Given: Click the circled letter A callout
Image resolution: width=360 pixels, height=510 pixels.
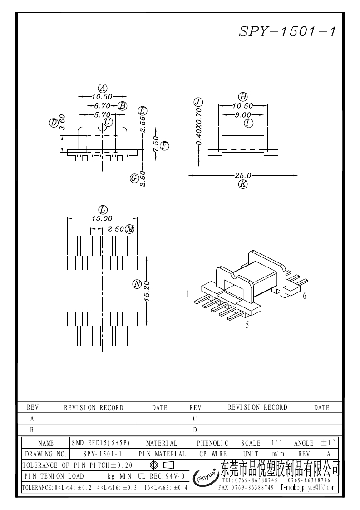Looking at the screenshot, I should tap(103, 89).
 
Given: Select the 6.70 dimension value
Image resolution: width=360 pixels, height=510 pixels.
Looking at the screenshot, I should tap(103, 106).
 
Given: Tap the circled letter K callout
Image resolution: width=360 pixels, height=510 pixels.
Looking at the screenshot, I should tap(243, 184).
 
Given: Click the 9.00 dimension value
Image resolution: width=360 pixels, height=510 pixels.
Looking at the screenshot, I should tap(243, 115).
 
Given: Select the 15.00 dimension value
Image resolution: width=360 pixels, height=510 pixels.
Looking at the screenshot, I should tap(103, 218).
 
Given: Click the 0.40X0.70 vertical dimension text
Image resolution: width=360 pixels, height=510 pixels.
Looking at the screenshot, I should tap(198, 127).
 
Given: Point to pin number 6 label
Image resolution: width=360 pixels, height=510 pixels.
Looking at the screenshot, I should tap(304, 296).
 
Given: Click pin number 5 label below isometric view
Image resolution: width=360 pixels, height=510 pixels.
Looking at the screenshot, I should tap(247, 325).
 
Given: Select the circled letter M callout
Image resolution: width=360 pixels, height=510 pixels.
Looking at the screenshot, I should tap(130, 228).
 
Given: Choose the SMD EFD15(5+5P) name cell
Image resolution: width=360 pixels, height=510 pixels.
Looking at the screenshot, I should tap(103, 443).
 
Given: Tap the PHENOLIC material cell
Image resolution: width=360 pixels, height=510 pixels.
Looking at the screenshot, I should tap(213, 443).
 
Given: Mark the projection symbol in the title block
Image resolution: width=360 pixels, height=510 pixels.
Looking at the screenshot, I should tap(161, 465).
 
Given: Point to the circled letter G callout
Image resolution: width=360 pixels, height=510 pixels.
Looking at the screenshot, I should tap(134, 178).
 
